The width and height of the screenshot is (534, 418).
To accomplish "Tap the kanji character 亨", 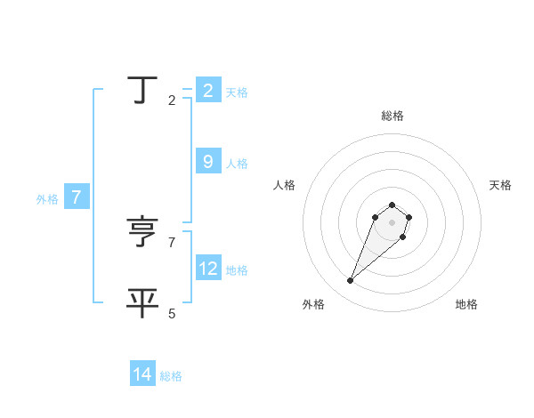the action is pyautogui.click(x=142, y=232).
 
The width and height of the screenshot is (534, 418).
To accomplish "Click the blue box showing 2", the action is pyautogui.click(x=208, y=90).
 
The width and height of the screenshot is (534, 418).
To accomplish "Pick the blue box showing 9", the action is pyautogui.click(x=208, y=161).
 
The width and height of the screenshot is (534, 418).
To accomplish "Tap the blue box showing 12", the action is pyautogui.click(x=208, y=268).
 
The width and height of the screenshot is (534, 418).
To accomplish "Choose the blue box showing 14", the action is pyautogui.click(x=142, y=374).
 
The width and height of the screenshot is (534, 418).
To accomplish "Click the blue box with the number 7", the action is pyautogui.click(x=77, y=197).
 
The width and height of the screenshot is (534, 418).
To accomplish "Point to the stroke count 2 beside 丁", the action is pyautogui.click(x=172, y=100).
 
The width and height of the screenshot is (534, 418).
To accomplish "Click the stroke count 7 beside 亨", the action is pyautogui.click(x=172, y=242).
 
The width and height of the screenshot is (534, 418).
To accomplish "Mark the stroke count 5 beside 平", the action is pyautogui.click(x=172, y=313).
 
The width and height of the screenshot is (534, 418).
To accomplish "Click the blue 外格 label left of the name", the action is pyautogui.click(x=47, y=199).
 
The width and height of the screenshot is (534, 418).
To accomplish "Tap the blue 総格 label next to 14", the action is pyautogui.click(x=171, y=376).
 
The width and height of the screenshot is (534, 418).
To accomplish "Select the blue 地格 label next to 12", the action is pyautogui.click(x=237, y=270).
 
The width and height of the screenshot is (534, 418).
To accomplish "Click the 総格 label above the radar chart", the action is pyautogui.click(x=392, y=116).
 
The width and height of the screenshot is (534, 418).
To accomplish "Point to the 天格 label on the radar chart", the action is pyautogui.click(x=500, y=185).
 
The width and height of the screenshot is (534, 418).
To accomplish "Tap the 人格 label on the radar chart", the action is pyautogui.click(x=285, y=185).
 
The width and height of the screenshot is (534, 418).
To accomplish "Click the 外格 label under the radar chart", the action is pyautogui.click(x=313, y=304).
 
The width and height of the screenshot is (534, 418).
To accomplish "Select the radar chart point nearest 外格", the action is pyautogui.click(x=351, y=281).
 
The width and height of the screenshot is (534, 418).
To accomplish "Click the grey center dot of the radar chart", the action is pyautogui.click(x=392, y=222).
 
